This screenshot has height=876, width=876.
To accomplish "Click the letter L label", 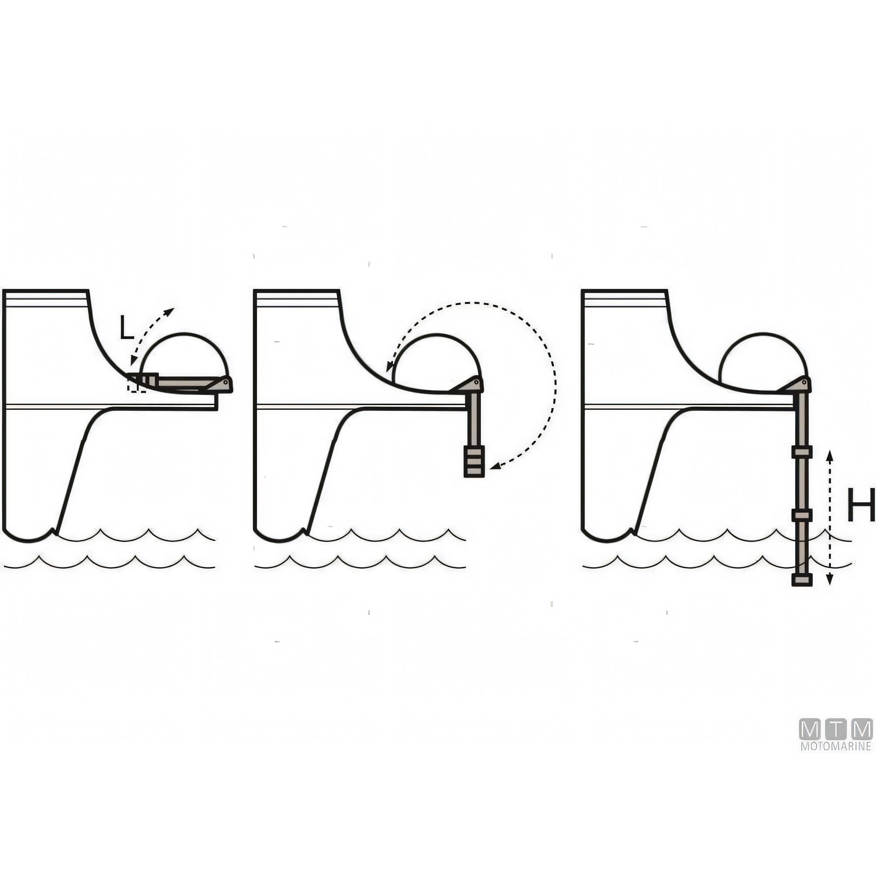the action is [127, 328].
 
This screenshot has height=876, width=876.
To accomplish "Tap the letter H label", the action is [860, 505].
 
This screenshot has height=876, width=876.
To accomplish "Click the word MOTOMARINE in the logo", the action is [836, 746].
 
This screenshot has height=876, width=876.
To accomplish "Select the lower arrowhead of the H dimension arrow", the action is [829, 580].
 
